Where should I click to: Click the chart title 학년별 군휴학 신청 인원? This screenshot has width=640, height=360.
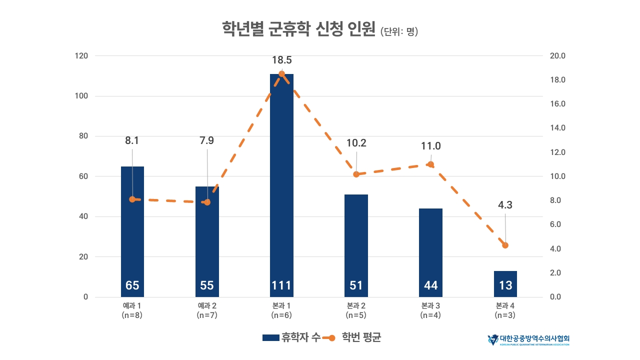coord(298,30)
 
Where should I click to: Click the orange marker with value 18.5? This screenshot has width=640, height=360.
coord(281,74)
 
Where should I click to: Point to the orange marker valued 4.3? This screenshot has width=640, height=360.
coord(505,245)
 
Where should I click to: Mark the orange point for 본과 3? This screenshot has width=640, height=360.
coord(430,164)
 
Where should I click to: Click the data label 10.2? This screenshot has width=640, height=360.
coord(356,143)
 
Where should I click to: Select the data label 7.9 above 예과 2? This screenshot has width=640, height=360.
coord(206,140)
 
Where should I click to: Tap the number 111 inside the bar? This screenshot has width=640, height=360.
coord(281,285)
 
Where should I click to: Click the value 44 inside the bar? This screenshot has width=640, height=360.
coord(430,285)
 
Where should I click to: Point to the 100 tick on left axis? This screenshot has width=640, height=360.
coord(81,96)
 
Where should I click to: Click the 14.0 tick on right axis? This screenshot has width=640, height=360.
coord(557,128)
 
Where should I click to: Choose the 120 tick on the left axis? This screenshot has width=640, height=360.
coord(81,56)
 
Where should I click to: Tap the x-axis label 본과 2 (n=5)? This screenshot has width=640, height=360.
coord(356,310)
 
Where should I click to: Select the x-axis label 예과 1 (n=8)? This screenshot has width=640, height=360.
coord(132,310)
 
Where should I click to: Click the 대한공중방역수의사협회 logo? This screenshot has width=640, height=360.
coord(528,340)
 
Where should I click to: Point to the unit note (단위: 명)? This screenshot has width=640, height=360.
coord(399,32)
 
